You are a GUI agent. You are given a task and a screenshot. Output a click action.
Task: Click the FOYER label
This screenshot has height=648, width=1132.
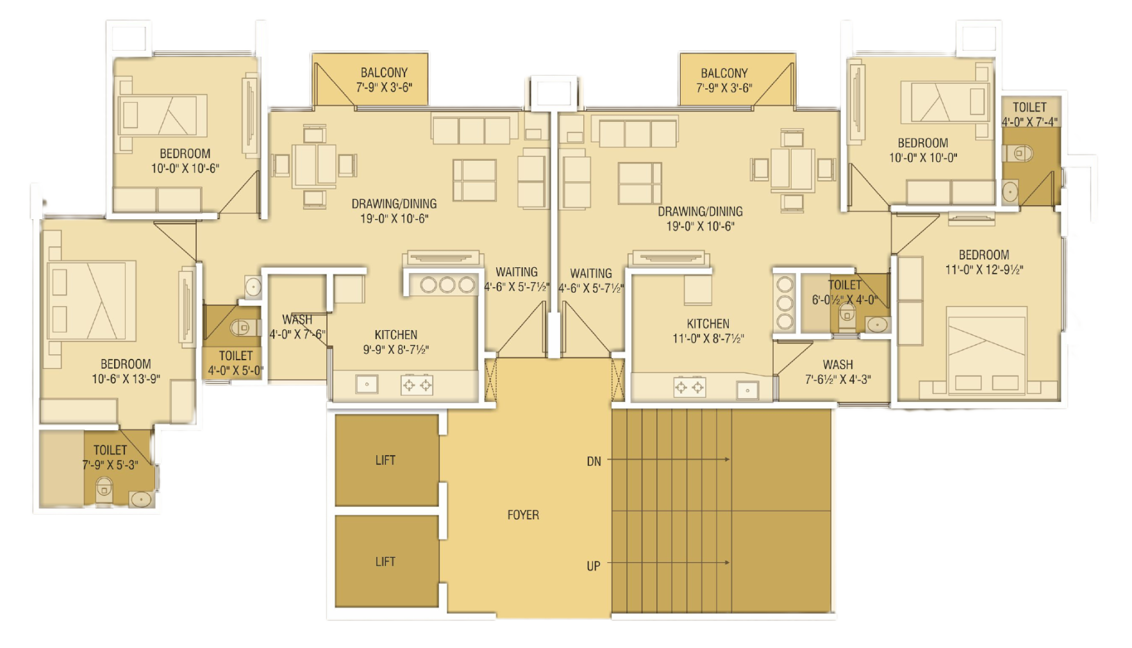(x=523, y=515)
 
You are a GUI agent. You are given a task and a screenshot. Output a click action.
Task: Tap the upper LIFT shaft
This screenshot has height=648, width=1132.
(x=387, y=460)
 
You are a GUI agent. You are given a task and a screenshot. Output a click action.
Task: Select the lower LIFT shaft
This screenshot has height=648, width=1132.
(x=387, y=561)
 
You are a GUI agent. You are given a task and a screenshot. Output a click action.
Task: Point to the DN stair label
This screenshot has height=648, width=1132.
(x=594, y=461)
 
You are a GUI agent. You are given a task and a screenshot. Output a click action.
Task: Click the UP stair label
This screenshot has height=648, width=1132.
(x=594, y=566)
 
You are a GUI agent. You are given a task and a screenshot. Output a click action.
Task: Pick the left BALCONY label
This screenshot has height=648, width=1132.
(x=384, y=72)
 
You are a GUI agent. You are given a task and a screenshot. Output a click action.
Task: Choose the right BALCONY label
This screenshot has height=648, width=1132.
(x=724, y=73)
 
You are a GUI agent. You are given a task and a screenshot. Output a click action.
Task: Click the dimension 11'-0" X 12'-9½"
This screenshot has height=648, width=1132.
(x=984, y=270)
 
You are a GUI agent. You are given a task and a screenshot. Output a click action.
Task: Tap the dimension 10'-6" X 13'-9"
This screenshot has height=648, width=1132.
(x=126, y=379)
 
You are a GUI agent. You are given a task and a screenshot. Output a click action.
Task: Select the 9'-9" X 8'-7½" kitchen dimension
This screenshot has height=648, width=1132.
(x=396, y=349)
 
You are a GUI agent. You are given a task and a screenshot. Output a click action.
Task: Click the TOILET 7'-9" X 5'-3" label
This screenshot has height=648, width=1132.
(x=110, y=457)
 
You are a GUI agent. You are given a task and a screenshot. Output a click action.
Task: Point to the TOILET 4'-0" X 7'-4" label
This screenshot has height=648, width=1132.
(x=1029, y=114)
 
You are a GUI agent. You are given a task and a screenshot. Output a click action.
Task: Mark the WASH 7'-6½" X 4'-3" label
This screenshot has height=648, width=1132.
(x=838, y=372)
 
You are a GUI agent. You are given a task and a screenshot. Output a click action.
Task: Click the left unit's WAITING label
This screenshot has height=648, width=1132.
(x=517, y=272)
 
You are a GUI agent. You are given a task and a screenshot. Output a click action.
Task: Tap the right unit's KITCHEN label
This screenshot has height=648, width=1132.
(x=708, y=324)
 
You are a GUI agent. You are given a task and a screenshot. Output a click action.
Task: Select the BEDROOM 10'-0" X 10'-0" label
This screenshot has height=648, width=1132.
(x=923, y=150)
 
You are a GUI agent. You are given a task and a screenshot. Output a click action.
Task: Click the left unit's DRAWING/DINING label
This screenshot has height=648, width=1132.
(x=394, y=204)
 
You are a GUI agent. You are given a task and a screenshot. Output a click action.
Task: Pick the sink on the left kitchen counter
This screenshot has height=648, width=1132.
(x=367, y=385)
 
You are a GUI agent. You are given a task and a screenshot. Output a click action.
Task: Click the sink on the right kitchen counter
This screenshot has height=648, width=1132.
(x=747, y=390)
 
